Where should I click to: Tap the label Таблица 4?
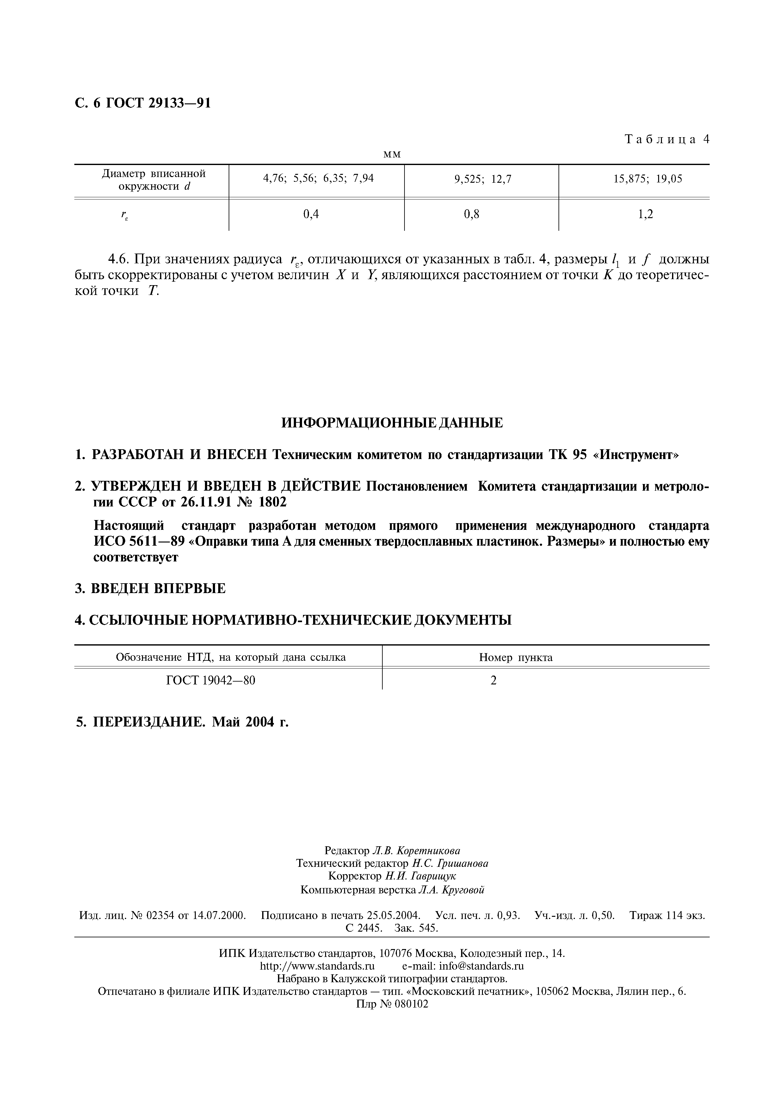tap(667, 140)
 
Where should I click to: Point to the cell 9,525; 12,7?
tap(482, 179)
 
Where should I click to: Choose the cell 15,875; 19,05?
tap(648, 179)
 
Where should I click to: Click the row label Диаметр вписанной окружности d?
tap(154, 180)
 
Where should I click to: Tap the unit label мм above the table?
tap(392, 154)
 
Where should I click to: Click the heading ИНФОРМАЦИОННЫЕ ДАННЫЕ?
tap(392, 423)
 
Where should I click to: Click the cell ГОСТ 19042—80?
tap(211, 681)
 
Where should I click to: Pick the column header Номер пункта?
tap(515, 657)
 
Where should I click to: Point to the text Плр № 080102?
tap(392, 1004)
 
